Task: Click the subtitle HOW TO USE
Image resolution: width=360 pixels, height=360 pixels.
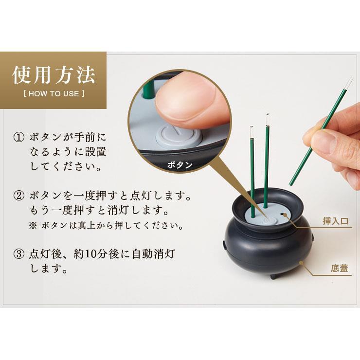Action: click(54, 93)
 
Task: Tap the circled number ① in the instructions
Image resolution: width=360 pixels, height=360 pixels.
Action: click(18, 138)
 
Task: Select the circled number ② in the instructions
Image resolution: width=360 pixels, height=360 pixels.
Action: click(18, 197)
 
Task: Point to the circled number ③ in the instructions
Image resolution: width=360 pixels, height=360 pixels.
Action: click(18, 254)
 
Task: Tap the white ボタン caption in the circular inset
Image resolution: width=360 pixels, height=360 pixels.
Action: click(180, 164)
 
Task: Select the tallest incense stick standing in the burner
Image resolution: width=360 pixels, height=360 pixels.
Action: click(267, 161)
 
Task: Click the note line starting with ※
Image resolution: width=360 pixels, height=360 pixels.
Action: click(105, 226)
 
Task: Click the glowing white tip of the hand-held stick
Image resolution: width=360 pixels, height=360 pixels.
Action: click(349, 82)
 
